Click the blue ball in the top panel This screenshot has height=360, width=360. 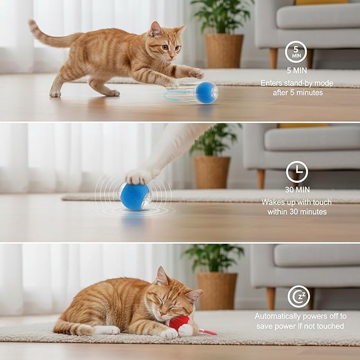point(206,93)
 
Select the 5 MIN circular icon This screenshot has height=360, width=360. point(296,51)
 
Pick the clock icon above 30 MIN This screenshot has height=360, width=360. point(296,172)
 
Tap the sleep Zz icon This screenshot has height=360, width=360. point(298,296)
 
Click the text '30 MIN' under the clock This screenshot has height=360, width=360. point(296,190)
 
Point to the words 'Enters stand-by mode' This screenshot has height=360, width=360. point(297,83)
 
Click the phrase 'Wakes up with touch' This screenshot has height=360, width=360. point(296,203)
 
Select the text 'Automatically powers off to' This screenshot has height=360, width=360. point(300,316)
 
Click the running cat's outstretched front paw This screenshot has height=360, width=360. point(194,73)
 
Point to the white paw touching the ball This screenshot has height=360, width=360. point(139,176)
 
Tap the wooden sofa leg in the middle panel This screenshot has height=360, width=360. point(261,179)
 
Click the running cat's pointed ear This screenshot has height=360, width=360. point(155,29)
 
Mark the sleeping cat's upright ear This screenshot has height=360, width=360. point(161,276)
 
